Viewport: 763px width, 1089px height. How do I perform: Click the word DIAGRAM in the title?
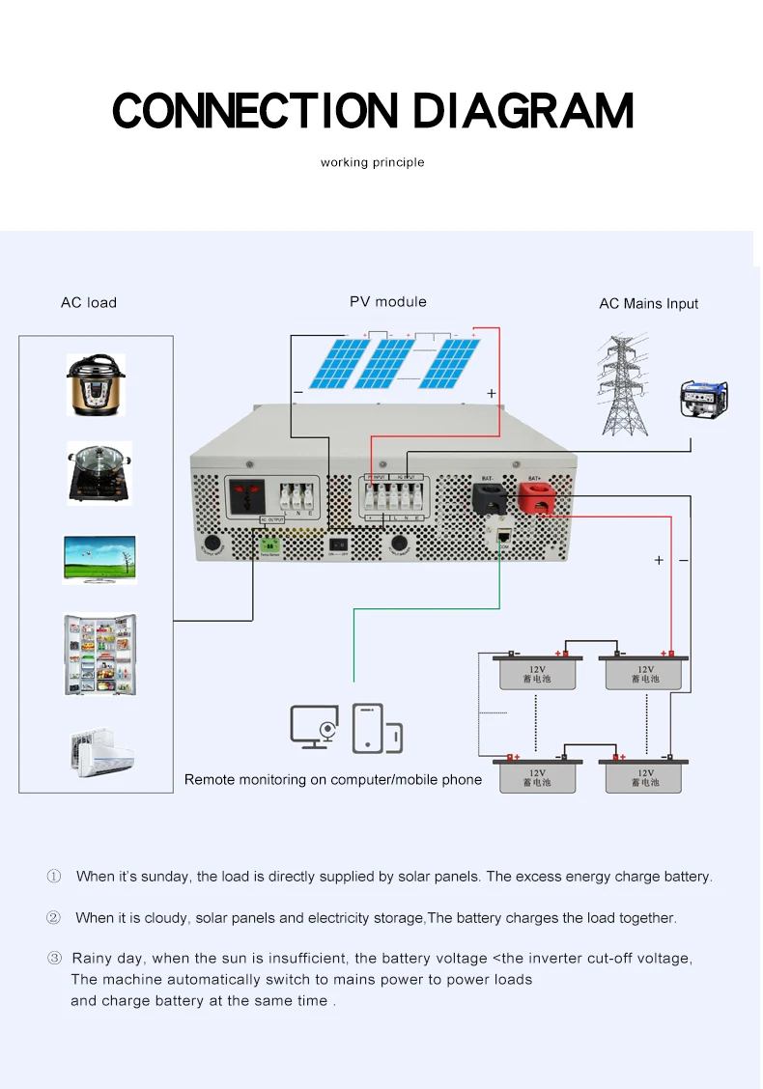pos(523,111)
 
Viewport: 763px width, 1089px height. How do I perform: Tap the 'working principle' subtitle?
pos(372,162)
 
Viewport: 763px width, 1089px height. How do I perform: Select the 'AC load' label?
pos(89,302)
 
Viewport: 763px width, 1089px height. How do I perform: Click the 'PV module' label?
pos(387,301)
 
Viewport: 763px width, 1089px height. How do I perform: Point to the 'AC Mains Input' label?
pos(648,303)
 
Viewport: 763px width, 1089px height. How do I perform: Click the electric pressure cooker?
pos(96,384)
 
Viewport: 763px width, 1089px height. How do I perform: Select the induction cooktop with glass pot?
pos(98,472)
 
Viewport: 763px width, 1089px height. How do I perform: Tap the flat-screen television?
pos(99,559)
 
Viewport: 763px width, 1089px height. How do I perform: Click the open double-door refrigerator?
pos(99,654)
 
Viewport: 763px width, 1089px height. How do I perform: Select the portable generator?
pos(704,397)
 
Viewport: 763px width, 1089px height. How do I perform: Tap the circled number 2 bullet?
pos(54,917)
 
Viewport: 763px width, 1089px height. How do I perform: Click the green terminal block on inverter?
pos(269,545)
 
